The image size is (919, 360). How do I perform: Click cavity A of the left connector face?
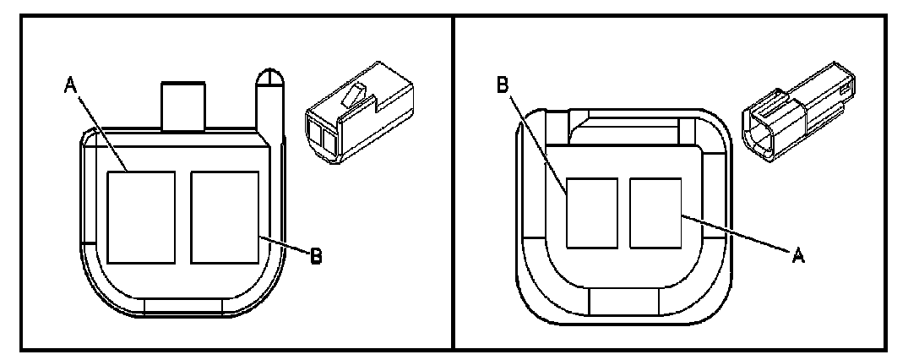pyautogui.click(x=142, y=216)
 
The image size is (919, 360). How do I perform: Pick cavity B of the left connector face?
pyautogui.click(x=224, y=216)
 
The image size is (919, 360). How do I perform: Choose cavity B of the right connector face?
pyautogui.click(x=591, y=212)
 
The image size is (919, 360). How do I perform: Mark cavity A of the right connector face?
pyautogui.click(x=655, y=212)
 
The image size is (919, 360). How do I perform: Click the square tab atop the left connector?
pyautogui.click(x=183, y=106)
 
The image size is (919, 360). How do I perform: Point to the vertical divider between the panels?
pyautogui.click(x=454, y=179)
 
